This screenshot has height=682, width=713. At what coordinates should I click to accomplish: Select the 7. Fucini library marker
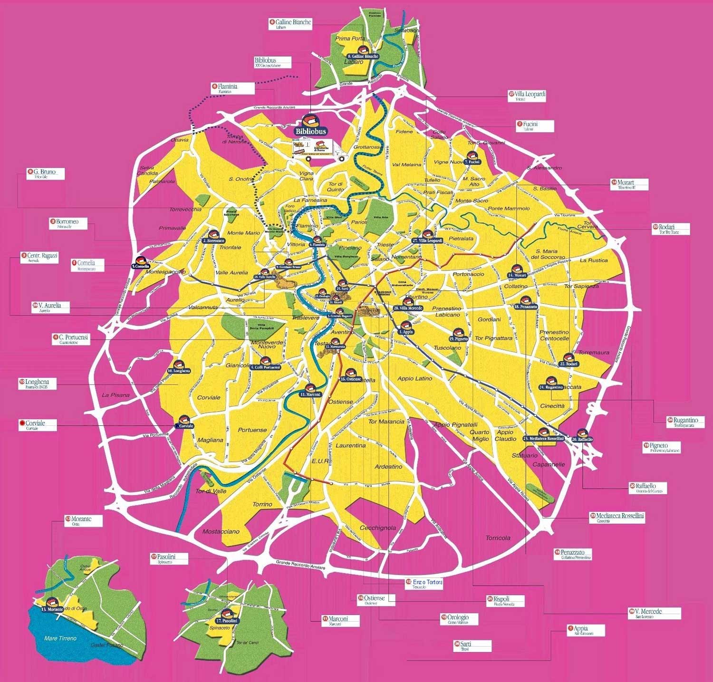[472, 158]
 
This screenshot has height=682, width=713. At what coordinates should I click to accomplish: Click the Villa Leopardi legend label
[529, 96]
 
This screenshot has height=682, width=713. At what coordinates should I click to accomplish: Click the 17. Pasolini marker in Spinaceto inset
[227, 616]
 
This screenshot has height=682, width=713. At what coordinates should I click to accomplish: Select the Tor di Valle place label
[211, 491]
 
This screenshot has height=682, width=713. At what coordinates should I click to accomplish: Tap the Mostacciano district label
[221, 531]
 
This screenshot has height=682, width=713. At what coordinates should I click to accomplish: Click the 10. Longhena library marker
[179, 367]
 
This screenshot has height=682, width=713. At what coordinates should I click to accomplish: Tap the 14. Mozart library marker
[517, 271]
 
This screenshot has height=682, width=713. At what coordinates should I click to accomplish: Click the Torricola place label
[498, 538]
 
